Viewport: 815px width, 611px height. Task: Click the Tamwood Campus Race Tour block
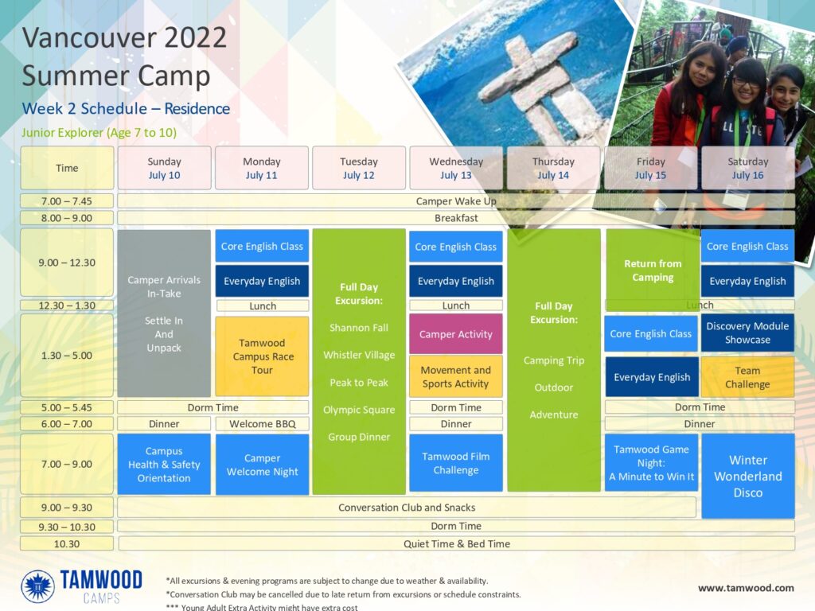coord(262,356)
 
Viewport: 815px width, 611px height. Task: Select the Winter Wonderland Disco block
coord(748,476)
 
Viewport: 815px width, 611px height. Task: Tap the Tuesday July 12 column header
coord(359,168)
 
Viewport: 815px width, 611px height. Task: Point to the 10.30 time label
coord(67,544)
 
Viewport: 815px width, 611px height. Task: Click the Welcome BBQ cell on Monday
coord(263,424)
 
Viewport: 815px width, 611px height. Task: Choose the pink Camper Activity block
coord(456,334)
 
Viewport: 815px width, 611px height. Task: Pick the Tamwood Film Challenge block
coord(456,463)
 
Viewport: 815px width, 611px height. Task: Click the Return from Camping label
coord(653,270)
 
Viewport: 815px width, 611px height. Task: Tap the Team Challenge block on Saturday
coord(748,377)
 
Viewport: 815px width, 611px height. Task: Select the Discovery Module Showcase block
coord(748,333)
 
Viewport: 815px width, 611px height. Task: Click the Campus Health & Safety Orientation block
coord(164,464)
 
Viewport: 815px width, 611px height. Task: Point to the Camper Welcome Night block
coord(262,465)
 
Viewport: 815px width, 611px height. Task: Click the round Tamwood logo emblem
coord(37,586)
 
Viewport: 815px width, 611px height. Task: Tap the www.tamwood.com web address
coord(746,588)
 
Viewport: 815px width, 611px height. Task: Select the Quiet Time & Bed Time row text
coord(457,544)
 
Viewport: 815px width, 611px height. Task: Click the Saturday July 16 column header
coord(748,168)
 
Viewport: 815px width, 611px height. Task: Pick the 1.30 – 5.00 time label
coord(67,356)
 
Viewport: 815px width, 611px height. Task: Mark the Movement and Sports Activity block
coord(456,376)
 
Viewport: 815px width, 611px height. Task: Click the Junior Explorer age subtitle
coord(99,133)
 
